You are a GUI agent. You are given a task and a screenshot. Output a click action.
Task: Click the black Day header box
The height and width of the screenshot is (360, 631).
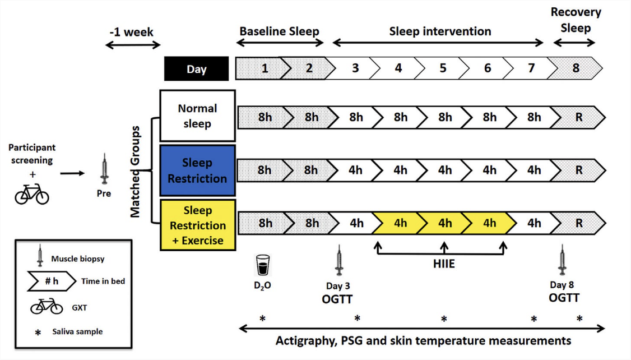click(196, 69)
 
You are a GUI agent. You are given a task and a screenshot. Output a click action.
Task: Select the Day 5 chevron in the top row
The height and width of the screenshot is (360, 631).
click(443, 68)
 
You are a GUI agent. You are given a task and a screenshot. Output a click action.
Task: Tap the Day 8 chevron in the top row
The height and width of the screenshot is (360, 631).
click(576, 68)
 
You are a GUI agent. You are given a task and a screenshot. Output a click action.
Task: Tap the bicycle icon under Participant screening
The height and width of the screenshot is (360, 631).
click(32, 193)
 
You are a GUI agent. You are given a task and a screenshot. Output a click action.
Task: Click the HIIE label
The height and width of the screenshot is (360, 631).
click(444, 263)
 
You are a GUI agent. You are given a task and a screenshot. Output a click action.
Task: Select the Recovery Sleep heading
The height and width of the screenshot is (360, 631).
click(576, 20)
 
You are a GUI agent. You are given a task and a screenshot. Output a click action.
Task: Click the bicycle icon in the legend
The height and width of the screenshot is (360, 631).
click(47, 307)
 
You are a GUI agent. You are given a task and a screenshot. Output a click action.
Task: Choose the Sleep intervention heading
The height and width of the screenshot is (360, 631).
click(440, 31)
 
